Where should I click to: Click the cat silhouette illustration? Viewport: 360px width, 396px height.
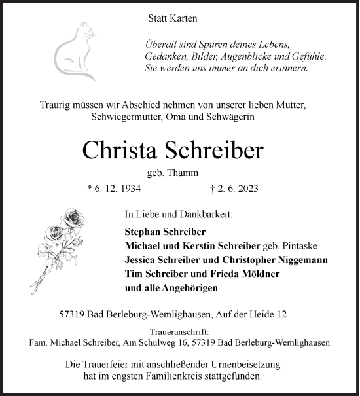click(x=77, y=48)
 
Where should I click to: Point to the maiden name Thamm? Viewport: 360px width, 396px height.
click(x=185, y=173)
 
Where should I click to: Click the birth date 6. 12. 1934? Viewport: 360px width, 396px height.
click(x=113, y=189)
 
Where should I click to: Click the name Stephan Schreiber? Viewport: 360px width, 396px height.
click(x=165, y=231)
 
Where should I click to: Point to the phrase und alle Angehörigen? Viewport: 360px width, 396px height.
click(x=171, y=287)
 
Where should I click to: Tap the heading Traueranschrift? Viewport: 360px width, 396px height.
click(x=179, y=332)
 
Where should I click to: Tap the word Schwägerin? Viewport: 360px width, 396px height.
click(x=232, y=116)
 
